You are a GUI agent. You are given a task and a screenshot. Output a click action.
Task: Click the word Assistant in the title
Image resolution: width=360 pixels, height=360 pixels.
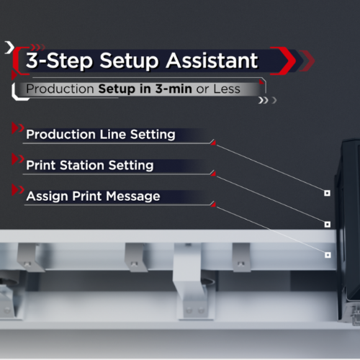[212, 60]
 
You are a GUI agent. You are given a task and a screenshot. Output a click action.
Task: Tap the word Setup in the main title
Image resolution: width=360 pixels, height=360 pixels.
[129, 62]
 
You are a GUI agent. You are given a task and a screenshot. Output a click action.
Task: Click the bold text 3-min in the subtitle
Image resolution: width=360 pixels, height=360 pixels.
[174, 89]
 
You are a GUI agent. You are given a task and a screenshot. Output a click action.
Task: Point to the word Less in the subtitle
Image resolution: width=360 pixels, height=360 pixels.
[227, 89]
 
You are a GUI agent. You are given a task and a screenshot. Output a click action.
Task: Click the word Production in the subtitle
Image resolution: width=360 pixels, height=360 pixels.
[60, 89]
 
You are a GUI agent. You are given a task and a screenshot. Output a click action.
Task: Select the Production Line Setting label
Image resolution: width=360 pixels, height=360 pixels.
[101, 135]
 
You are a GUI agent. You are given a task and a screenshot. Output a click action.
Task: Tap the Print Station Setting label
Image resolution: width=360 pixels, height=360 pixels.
[90, 166]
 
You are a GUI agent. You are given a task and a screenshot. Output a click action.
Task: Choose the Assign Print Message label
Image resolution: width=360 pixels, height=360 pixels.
[93, 197]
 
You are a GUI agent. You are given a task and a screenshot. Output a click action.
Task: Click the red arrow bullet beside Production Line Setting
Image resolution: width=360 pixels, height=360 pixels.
[17, 128]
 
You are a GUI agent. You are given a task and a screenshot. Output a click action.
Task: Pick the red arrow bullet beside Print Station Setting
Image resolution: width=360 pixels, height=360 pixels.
[17, 159]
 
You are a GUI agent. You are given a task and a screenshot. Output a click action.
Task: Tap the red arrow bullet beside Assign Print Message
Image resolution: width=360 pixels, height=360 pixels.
[17, 190]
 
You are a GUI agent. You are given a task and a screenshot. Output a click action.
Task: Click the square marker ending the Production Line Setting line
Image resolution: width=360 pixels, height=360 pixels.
[327, 193]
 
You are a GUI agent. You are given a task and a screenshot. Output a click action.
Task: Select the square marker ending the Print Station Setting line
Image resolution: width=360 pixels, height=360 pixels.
[328, 224]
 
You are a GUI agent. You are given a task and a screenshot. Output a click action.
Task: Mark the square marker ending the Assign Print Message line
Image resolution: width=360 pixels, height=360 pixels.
[328, 255]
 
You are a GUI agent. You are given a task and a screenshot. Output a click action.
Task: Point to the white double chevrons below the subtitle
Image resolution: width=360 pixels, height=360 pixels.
[263, 100]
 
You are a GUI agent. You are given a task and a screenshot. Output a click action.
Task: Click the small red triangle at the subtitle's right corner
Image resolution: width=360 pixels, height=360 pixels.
[261, 82]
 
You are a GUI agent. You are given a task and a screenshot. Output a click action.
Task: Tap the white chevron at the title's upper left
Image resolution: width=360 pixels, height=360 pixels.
[10, 48]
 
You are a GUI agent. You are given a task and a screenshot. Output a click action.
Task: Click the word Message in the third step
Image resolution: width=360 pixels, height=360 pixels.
[133, 197]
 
